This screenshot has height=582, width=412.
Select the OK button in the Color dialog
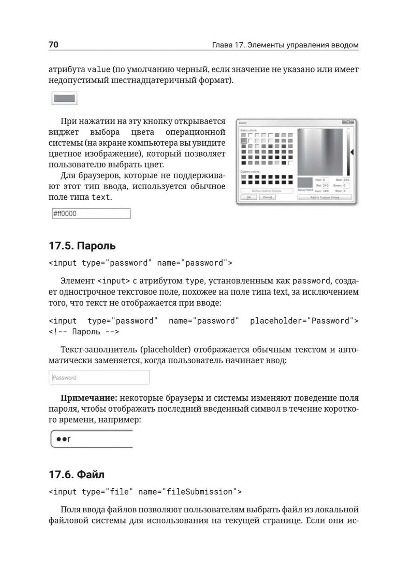coord(249,197)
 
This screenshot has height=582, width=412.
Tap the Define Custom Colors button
coord(266,191)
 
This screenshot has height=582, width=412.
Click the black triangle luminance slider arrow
coord(352,152)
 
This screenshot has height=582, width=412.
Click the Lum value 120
coord(326,191)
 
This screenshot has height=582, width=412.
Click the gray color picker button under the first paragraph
coord(64,98)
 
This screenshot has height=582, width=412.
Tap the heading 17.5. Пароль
coord(82,246)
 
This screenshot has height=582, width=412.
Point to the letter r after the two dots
coord(69,439)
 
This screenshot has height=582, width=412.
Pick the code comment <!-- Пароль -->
coord(84,332)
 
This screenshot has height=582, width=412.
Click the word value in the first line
coord(99,69)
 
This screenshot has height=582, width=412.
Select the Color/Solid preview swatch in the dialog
coord(305,182)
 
